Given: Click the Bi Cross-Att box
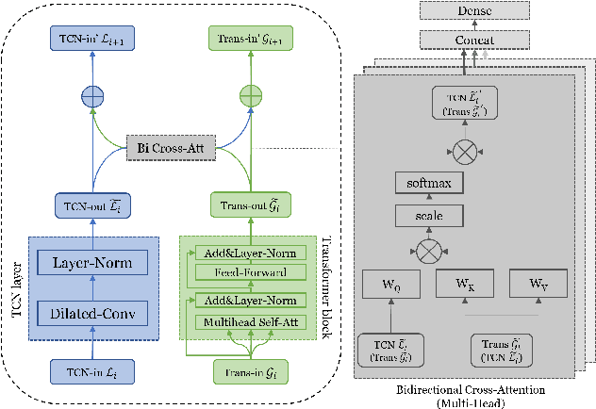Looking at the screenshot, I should [x=174, y=148].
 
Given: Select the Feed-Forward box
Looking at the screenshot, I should [x=252, y=271].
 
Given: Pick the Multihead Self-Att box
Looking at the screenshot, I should [x=252, y=322].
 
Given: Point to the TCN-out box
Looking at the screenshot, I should [x=91, y=205].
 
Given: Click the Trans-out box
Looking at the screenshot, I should [x=250, y=205].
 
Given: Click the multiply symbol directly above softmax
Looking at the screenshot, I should [x=463, y=148].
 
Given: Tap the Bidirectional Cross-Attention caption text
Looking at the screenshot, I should [x=463, y=389].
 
